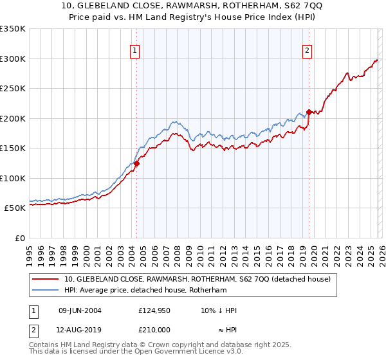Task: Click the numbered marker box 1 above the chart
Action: (x=136, y=51)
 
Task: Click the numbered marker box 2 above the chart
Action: (x=308, y=51)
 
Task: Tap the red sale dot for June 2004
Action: (x=136, y=163)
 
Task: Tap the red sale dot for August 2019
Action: (x=309, y=112)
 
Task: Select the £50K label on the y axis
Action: (x=15, y=208)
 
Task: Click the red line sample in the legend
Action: (x=46, y=279)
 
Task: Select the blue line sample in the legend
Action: (x=46, y=290)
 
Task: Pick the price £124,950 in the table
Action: (x=154, y=310)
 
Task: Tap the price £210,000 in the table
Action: (x=154, y=329)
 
